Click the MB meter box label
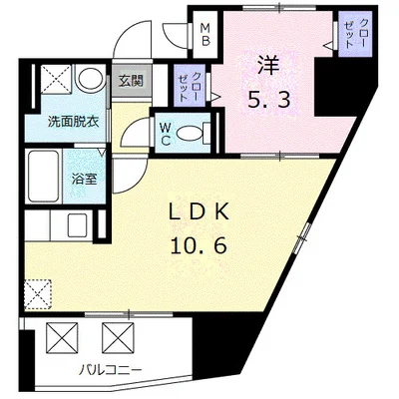pyautogui.click(x=205, y=35)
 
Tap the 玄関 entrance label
pyautogui.click(x=131, y=81)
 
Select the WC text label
pyautogui.click(x=166, y=134)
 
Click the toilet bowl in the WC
pyautogui.click(x=191, y=134)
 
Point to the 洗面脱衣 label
pyautogui.click(x=74, y=122)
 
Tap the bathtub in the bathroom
pyautogui.click(x=44, y=176)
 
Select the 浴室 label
pyautogui.click(x=85, y=180)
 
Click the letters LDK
pyautogui.click(x=199, y=212)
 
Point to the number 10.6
pyautogui.click(x=199, y=246)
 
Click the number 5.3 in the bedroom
pyautogui.click(x=269, y=99)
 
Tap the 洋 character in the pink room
pyautogui.click(x=269, y=66)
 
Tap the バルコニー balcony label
pyautogui.click(x=111, y=369)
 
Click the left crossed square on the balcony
pyautogui.click(x=62, y=338)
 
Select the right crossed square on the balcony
pyautogui.click(x=118, y=338)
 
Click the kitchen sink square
pyautogui.click(x=78, y=224)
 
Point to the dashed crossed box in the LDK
pyautogui.click(x=38, y=294)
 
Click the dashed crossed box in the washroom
pyautogui.click(x=56, y=79)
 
